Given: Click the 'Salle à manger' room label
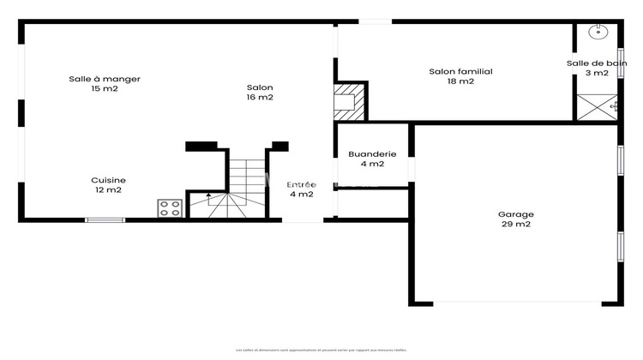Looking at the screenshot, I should click(x=105, y=79).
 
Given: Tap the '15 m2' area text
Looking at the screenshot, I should click(x=105, y=89).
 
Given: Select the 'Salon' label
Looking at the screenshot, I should click(x=260, y=87).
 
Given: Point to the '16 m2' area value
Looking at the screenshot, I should click(x=260, y=98).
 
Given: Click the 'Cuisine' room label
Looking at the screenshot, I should click(x=109, y=180).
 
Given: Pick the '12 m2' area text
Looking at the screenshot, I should click(x=109, y=190).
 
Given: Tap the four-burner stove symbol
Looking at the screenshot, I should click(x=170, y=207).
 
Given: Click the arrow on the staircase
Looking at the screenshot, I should click(x=207, y=197).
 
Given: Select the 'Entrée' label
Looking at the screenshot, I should click(x=301, y=184).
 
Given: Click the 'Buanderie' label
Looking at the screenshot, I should click(x=372, y=154).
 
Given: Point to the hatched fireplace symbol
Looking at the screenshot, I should click(x=349, y=101).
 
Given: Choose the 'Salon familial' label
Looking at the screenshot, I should click(x=460, y=72).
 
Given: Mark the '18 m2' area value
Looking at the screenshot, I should click(x=460, y=82).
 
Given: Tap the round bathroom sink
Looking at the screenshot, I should click(x=598, y=33).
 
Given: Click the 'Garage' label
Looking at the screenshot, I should click(x=516, y=214).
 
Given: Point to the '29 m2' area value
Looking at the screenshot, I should click(x=516, y=225).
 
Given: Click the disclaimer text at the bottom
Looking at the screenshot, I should click(x=321, y=350).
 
